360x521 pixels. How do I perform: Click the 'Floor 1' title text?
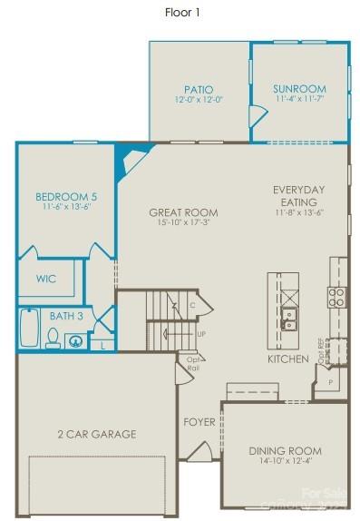182,13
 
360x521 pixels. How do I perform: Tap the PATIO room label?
198,89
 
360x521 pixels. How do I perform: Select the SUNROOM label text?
299,89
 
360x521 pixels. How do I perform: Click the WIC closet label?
46,279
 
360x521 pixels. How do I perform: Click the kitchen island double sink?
290,318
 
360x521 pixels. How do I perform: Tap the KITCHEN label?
288,359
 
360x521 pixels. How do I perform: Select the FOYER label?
199,421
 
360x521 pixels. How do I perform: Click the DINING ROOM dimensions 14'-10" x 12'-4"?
286,462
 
